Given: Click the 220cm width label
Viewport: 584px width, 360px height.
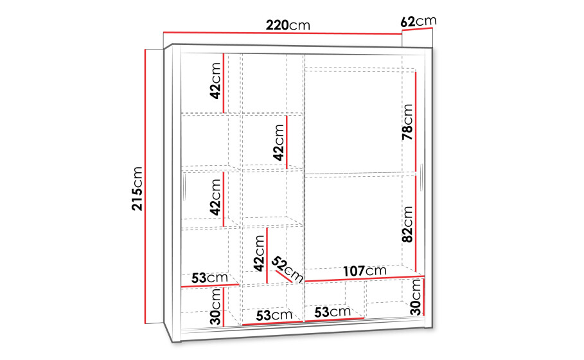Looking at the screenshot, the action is (x=288, y=25).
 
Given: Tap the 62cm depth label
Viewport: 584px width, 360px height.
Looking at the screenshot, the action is (x=418, y=21).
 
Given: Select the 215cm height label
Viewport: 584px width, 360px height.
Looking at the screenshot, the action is (x=137, y=188).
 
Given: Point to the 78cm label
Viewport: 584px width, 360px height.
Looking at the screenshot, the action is (x=407, y=122).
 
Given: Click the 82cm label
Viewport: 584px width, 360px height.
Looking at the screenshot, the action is (x=407, y=224).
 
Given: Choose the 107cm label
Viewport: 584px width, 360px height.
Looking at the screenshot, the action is (x=365, y=271).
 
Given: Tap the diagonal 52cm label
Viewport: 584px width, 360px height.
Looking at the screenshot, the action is (x=287, y=269).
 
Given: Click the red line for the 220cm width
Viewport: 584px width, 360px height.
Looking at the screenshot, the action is (x=283, y=33).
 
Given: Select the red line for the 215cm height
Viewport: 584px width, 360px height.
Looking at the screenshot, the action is (x=145, y=186).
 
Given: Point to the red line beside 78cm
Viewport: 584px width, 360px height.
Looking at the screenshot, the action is (x=416, y=122).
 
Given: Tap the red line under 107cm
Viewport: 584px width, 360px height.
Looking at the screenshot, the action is (x=365, y=279).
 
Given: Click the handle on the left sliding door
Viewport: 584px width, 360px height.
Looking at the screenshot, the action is (x=185, y=188).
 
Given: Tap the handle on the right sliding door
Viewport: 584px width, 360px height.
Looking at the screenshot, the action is (x=421, y=177).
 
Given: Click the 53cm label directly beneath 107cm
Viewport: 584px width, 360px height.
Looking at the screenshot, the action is (x=332, y=312).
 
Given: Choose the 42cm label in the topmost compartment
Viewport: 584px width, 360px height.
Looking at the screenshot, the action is (x=215, y=81).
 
